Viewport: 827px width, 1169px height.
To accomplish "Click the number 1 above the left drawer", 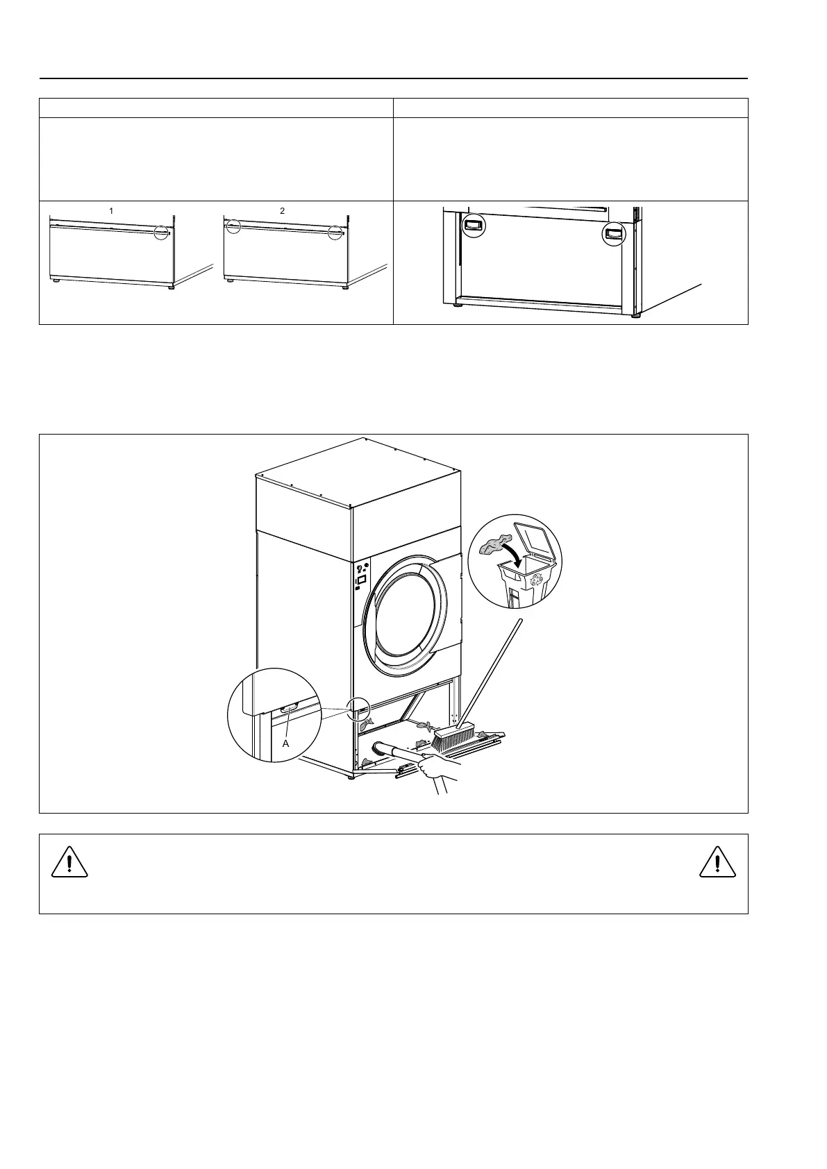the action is pos(111,211).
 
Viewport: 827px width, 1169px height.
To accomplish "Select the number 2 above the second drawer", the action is pos(283,211).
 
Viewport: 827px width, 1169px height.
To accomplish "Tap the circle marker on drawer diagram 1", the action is pos(162,231).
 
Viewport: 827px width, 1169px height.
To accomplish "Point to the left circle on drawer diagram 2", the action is pos(233,226).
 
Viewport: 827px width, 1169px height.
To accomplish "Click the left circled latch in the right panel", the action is pos(474,225).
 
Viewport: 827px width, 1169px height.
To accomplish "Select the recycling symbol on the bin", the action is pos(536,579).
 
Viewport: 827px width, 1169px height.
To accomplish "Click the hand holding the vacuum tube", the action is pos(439,769).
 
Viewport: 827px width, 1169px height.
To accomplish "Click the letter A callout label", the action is pos(285,743).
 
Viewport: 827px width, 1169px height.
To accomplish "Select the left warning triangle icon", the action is pos(69,862).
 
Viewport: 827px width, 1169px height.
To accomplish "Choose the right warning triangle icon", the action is pos(717,862).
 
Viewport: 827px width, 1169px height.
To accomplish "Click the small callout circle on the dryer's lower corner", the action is pos(359,708).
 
